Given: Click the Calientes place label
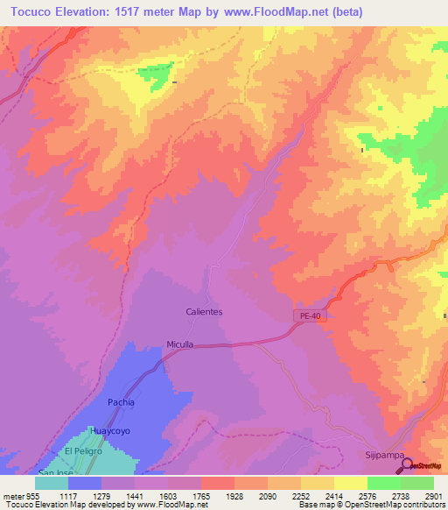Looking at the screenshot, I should tap(205, 311).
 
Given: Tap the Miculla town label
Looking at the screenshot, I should tap(181, 344).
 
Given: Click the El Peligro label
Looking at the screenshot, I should tap(83, 450).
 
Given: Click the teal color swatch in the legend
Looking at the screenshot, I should tap(52, 482).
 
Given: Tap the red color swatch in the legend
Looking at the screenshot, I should tap(218, 482).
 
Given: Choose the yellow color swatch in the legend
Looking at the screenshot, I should tap(351, 482).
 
